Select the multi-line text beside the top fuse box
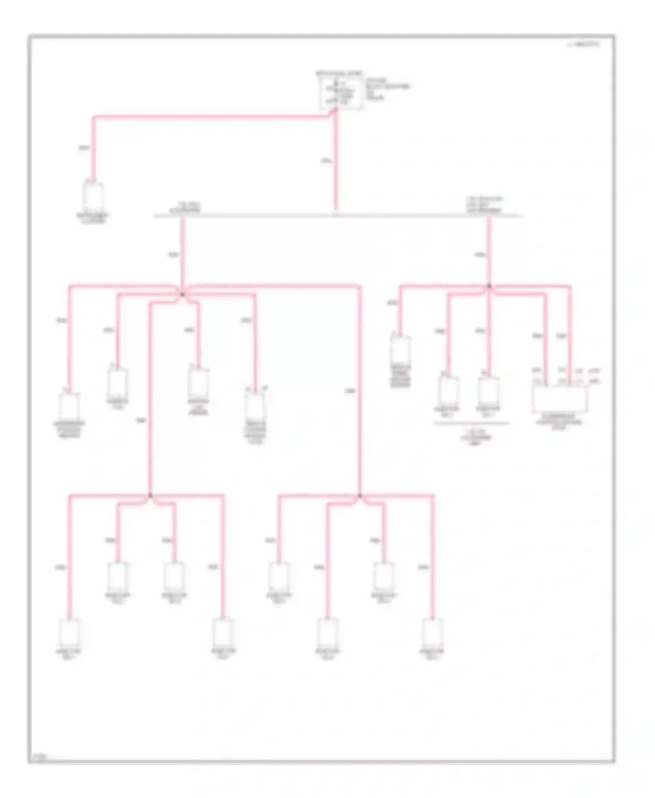(387, 89)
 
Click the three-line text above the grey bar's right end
(484, 205)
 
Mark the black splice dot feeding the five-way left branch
(183, 295)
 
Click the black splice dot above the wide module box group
(489, 286)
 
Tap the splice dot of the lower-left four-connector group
(150, 495)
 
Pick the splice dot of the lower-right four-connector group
(360, 495)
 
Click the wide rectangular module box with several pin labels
(559, 399)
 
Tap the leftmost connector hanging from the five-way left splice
(69, 406)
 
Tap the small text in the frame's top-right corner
(584, 44)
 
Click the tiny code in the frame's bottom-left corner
(40, 756)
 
